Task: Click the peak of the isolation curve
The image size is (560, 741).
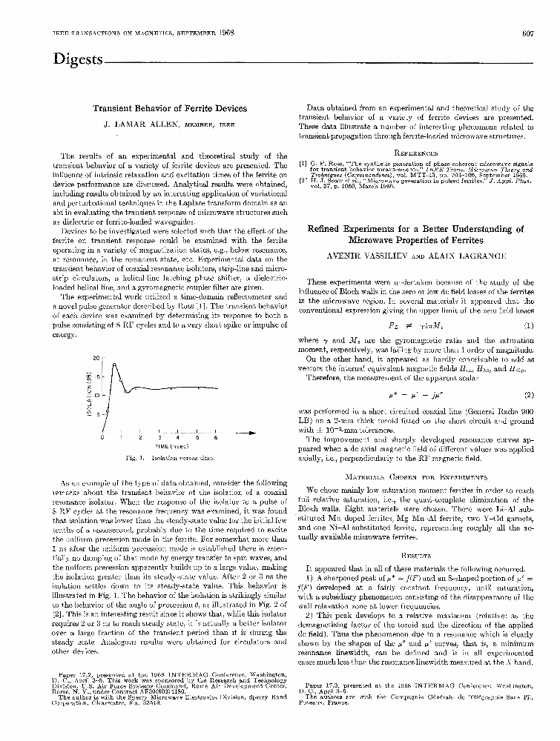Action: pos(112,364)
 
